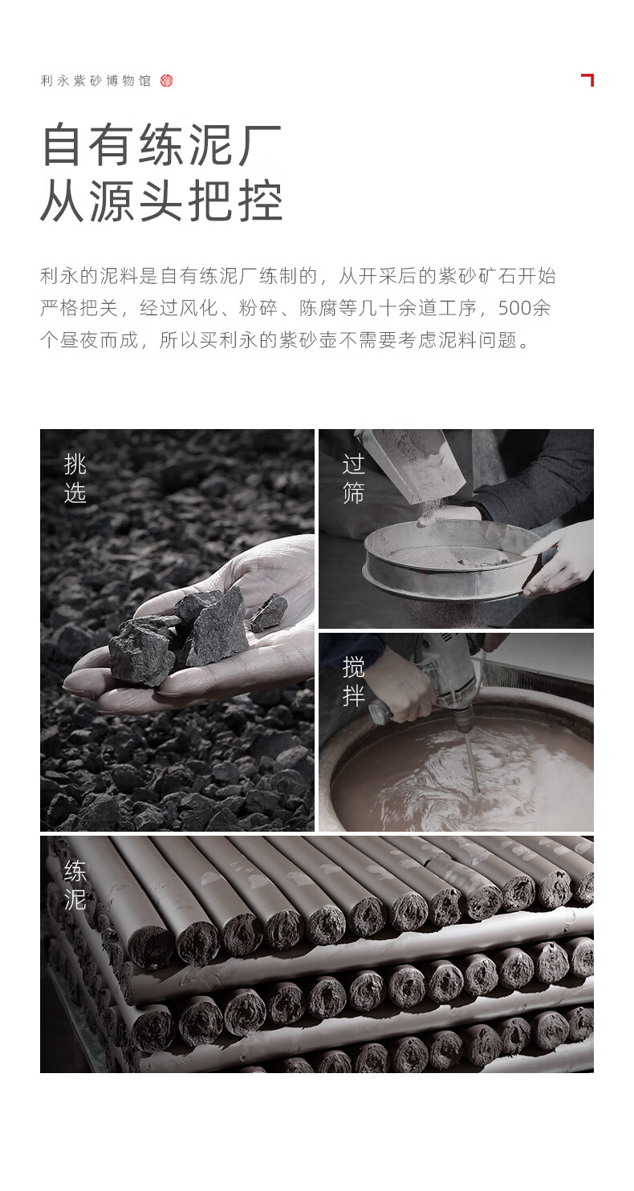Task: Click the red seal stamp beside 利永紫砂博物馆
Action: click(166, 81)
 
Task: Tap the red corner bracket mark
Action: click(588, 79)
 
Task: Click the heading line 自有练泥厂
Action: click(161, 144)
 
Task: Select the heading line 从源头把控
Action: click(161, 201)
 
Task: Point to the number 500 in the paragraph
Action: click(514, 308)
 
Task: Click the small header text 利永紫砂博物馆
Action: click(96, 81)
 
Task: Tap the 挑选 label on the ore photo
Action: click(75, 479)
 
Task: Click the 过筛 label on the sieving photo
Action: click(353, 479)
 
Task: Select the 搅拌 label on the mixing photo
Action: click(353, 682)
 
